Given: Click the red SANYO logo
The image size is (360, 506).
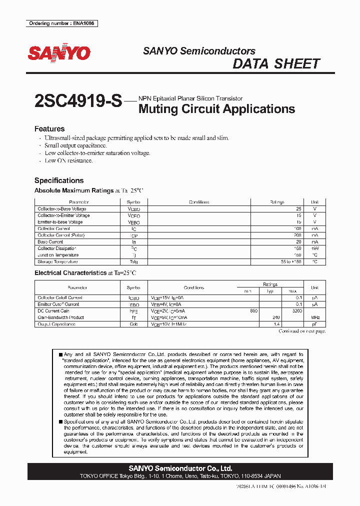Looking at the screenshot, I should pos(58,53).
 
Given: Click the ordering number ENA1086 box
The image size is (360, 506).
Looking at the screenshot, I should pos(61,23).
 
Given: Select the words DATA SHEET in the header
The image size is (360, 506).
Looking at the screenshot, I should pos(276,64).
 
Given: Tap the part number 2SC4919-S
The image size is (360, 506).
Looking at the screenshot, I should pos(78,101).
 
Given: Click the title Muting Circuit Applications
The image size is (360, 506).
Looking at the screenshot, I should pos(216,108).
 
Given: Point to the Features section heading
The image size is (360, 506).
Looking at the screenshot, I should pos(49,128).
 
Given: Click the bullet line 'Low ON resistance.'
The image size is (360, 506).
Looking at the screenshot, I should pos(68,160).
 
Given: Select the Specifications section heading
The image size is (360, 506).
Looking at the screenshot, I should pos(59,180).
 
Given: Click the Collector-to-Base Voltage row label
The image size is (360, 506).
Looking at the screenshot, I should pos(62,209).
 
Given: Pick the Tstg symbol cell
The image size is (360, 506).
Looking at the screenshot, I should pos(134,261).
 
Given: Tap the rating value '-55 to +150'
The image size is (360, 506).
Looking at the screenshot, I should pos(289,261).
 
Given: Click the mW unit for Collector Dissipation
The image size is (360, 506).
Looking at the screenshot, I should pos(314,248).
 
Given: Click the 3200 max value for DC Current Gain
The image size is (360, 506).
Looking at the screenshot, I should pos(296,310).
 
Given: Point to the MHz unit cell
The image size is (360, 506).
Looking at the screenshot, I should pos(314,317).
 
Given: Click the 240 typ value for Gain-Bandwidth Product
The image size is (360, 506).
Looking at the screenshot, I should pos(275,317).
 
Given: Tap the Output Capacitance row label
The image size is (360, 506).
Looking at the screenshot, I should pos(56,324).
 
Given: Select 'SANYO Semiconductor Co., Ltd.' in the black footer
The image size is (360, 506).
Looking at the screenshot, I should pos(180,468).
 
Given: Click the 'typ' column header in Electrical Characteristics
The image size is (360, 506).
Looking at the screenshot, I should pos(270,291).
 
